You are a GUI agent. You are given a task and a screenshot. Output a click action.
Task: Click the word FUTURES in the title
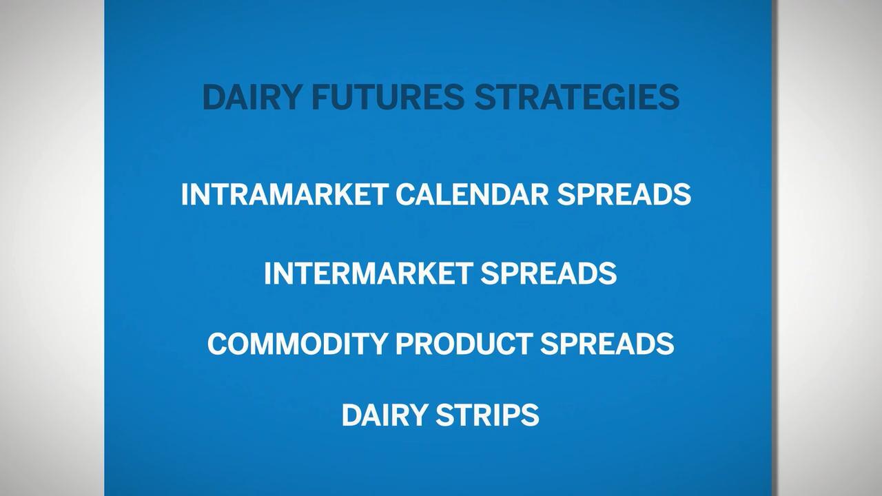(388, 97)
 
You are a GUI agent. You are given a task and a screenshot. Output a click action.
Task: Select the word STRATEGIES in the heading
(577, 97)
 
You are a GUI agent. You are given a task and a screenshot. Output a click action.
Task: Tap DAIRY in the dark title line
(252, 97)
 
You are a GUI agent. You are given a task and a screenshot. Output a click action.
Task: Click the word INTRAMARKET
(285, 194)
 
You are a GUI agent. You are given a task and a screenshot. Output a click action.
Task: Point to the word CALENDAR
(472, 194)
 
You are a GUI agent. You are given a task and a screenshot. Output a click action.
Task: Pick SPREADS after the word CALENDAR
(624, 194)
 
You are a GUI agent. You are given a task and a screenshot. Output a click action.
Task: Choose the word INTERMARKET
(369, 273)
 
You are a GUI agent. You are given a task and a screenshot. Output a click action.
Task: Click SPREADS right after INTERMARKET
(548, 273)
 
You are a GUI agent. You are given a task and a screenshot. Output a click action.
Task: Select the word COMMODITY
(297, 344)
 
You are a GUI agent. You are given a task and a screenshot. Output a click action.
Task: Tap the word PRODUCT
(464, 344)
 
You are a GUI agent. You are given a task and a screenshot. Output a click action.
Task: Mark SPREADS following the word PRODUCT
(607, 344)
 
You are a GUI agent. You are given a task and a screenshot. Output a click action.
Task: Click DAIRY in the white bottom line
(384, 415)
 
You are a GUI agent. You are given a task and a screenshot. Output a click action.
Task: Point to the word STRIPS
(487, 415)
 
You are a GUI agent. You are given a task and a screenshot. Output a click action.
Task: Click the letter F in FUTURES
(321, 97)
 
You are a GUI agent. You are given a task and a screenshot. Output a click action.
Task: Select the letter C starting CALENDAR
(407, 194)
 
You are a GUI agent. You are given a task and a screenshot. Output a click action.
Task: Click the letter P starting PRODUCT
(404, 344)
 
